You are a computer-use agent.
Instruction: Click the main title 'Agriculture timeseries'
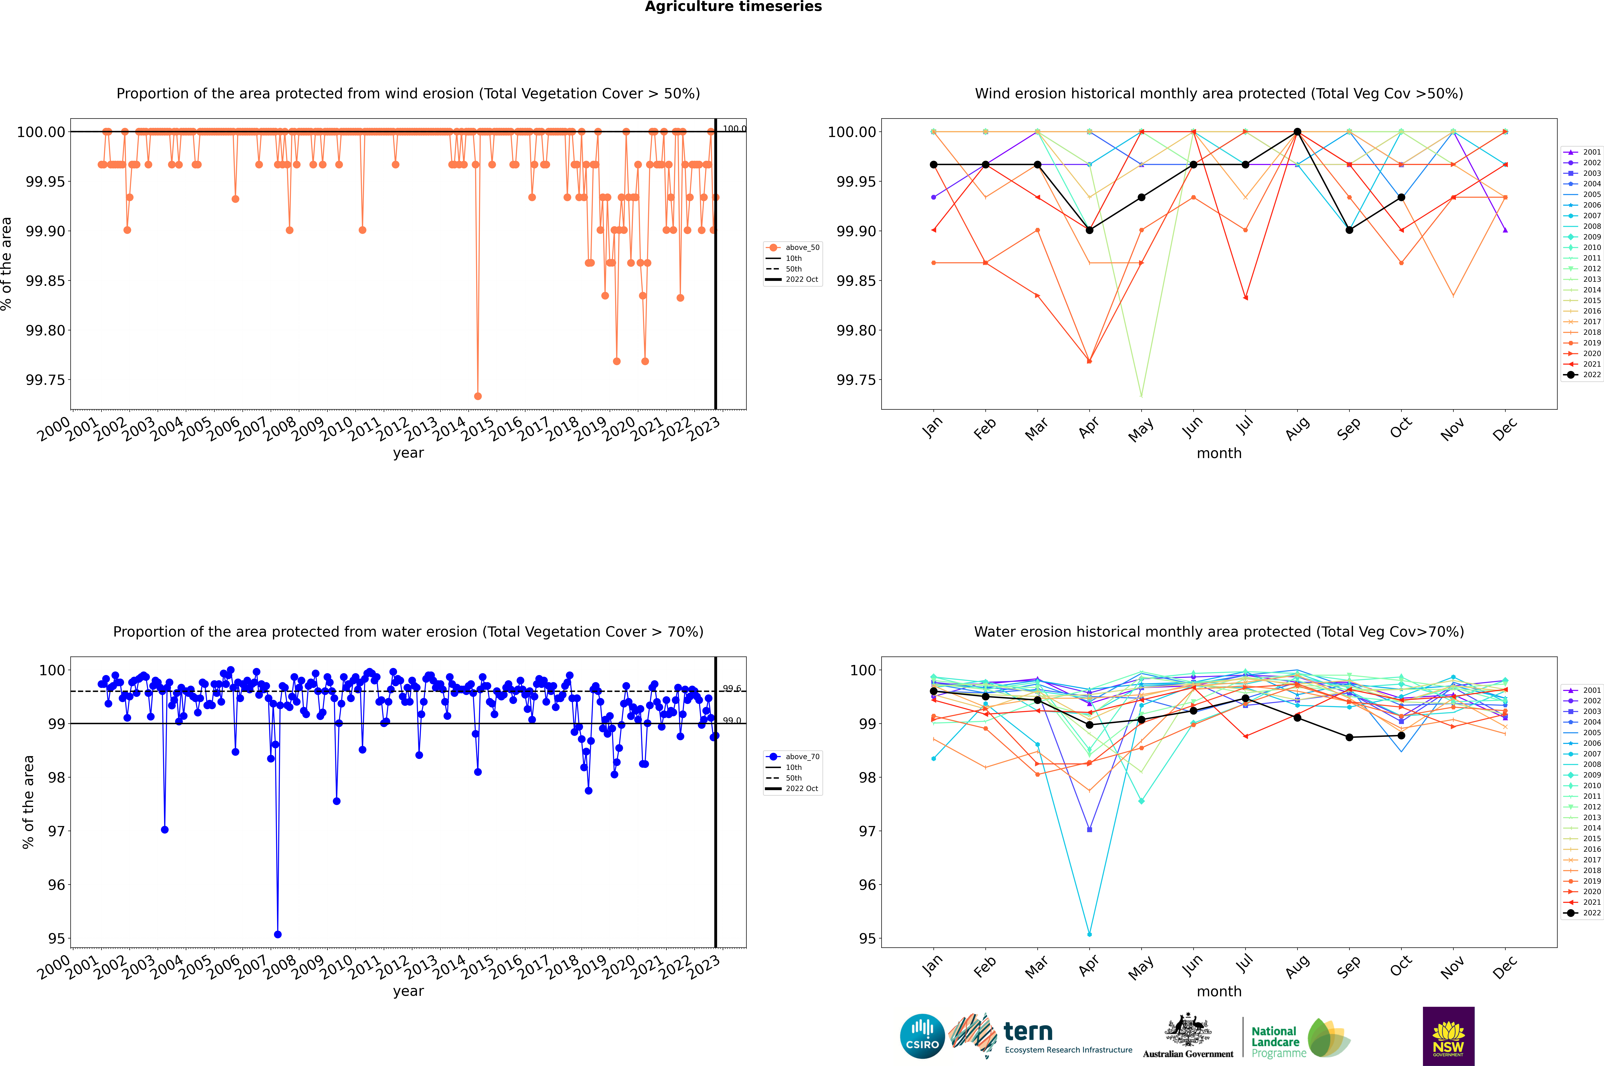click(733, 7)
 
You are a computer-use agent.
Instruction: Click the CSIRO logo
click(922, 1036)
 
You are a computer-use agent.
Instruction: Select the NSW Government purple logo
click(1448, 1036)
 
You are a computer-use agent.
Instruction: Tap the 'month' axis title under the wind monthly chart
click(1218, 454)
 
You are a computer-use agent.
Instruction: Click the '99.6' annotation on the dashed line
click(732, 689)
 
